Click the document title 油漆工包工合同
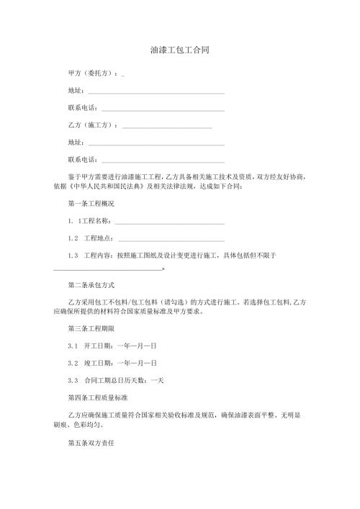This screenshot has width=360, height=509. pyautogui.click(x=180, y=51)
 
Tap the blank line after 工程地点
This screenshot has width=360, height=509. pyautogui.click(x=171, y=239)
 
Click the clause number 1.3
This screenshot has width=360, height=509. pyautogui.click(x=72, y=256)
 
